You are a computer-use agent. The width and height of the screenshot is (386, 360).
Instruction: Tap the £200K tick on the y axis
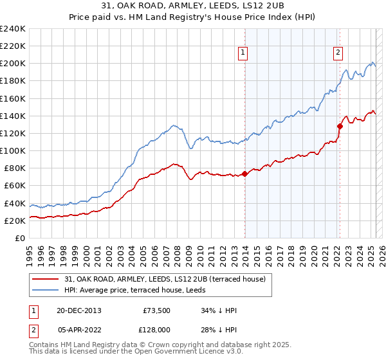pos(13,64)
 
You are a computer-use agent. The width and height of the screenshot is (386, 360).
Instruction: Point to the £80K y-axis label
pos(15,168)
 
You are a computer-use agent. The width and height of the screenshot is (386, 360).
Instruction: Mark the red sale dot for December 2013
pos(245,174)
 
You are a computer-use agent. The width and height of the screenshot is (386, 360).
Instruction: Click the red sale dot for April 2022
pos(340,126)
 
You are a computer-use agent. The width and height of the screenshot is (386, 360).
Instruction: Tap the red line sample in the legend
pos(46,278)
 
